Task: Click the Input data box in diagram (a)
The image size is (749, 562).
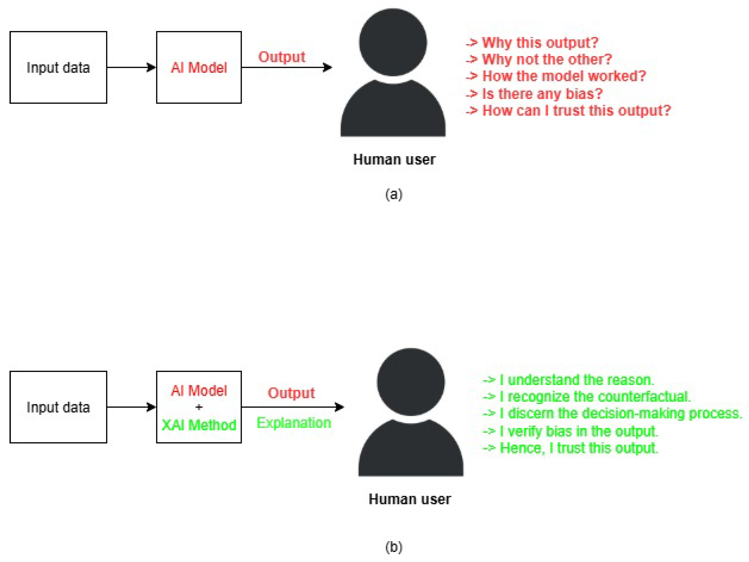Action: (58, 67)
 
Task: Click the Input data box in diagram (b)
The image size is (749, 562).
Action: (58, 407)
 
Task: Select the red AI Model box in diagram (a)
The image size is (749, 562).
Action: (199, 67)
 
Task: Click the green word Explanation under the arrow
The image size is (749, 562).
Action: (294, 423)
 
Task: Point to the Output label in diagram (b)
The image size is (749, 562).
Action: (291, 393)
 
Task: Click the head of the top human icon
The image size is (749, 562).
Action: (393, 42)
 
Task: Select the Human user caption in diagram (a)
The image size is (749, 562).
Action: (394, 159)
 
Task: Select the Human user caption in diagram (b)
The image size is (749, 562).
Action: (410, 499)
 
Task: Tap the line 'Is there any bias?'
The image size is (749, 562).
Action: (542, 93)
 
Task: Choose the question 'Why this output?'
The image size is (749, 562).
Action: (540, 43)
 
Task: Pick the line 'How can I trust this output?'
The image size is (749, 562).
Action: (576, 110)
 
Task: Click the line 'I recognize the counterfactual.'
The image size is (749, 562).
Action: (594, 397)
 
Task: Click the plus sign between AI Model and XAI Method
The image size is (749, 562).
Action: (199, 407)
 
